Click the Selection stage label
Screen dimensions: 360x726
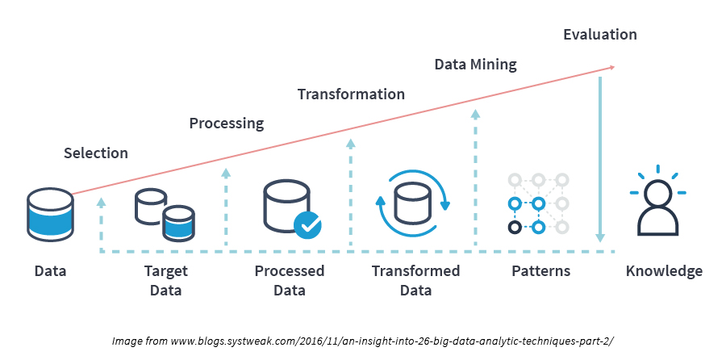click(x=96, y=153)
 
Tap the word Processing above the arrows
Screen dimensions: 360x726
click(x=227, y=123)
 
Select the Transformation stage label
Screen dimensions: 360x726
click(x=351, y=94)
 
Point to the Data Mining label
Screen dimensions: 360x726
click(x=475, y=64)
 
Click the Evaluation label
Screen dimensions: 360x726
click(x=600, y=35)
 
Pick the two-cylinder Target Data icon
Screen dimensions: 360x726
click(x=165, y=214)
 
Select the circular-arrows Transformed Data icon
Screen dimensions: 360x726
click(x=413, y=202)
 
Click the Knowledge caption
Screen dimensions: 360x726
click(x=664, y=271)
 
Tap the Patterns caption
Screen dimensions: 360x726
click(x=540, y=271)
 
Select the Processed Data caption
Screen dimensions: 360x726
click(x=289, y=280)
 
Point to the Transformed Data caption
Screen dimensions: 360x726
click(x=415, y=280)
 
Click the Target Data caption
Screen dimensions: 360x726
click(x=165, y=280)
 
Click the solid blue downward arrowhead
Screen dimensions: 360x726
click(x=600, y=237)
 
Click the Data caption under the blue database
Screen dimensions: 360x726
click(x=50, y=271)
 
